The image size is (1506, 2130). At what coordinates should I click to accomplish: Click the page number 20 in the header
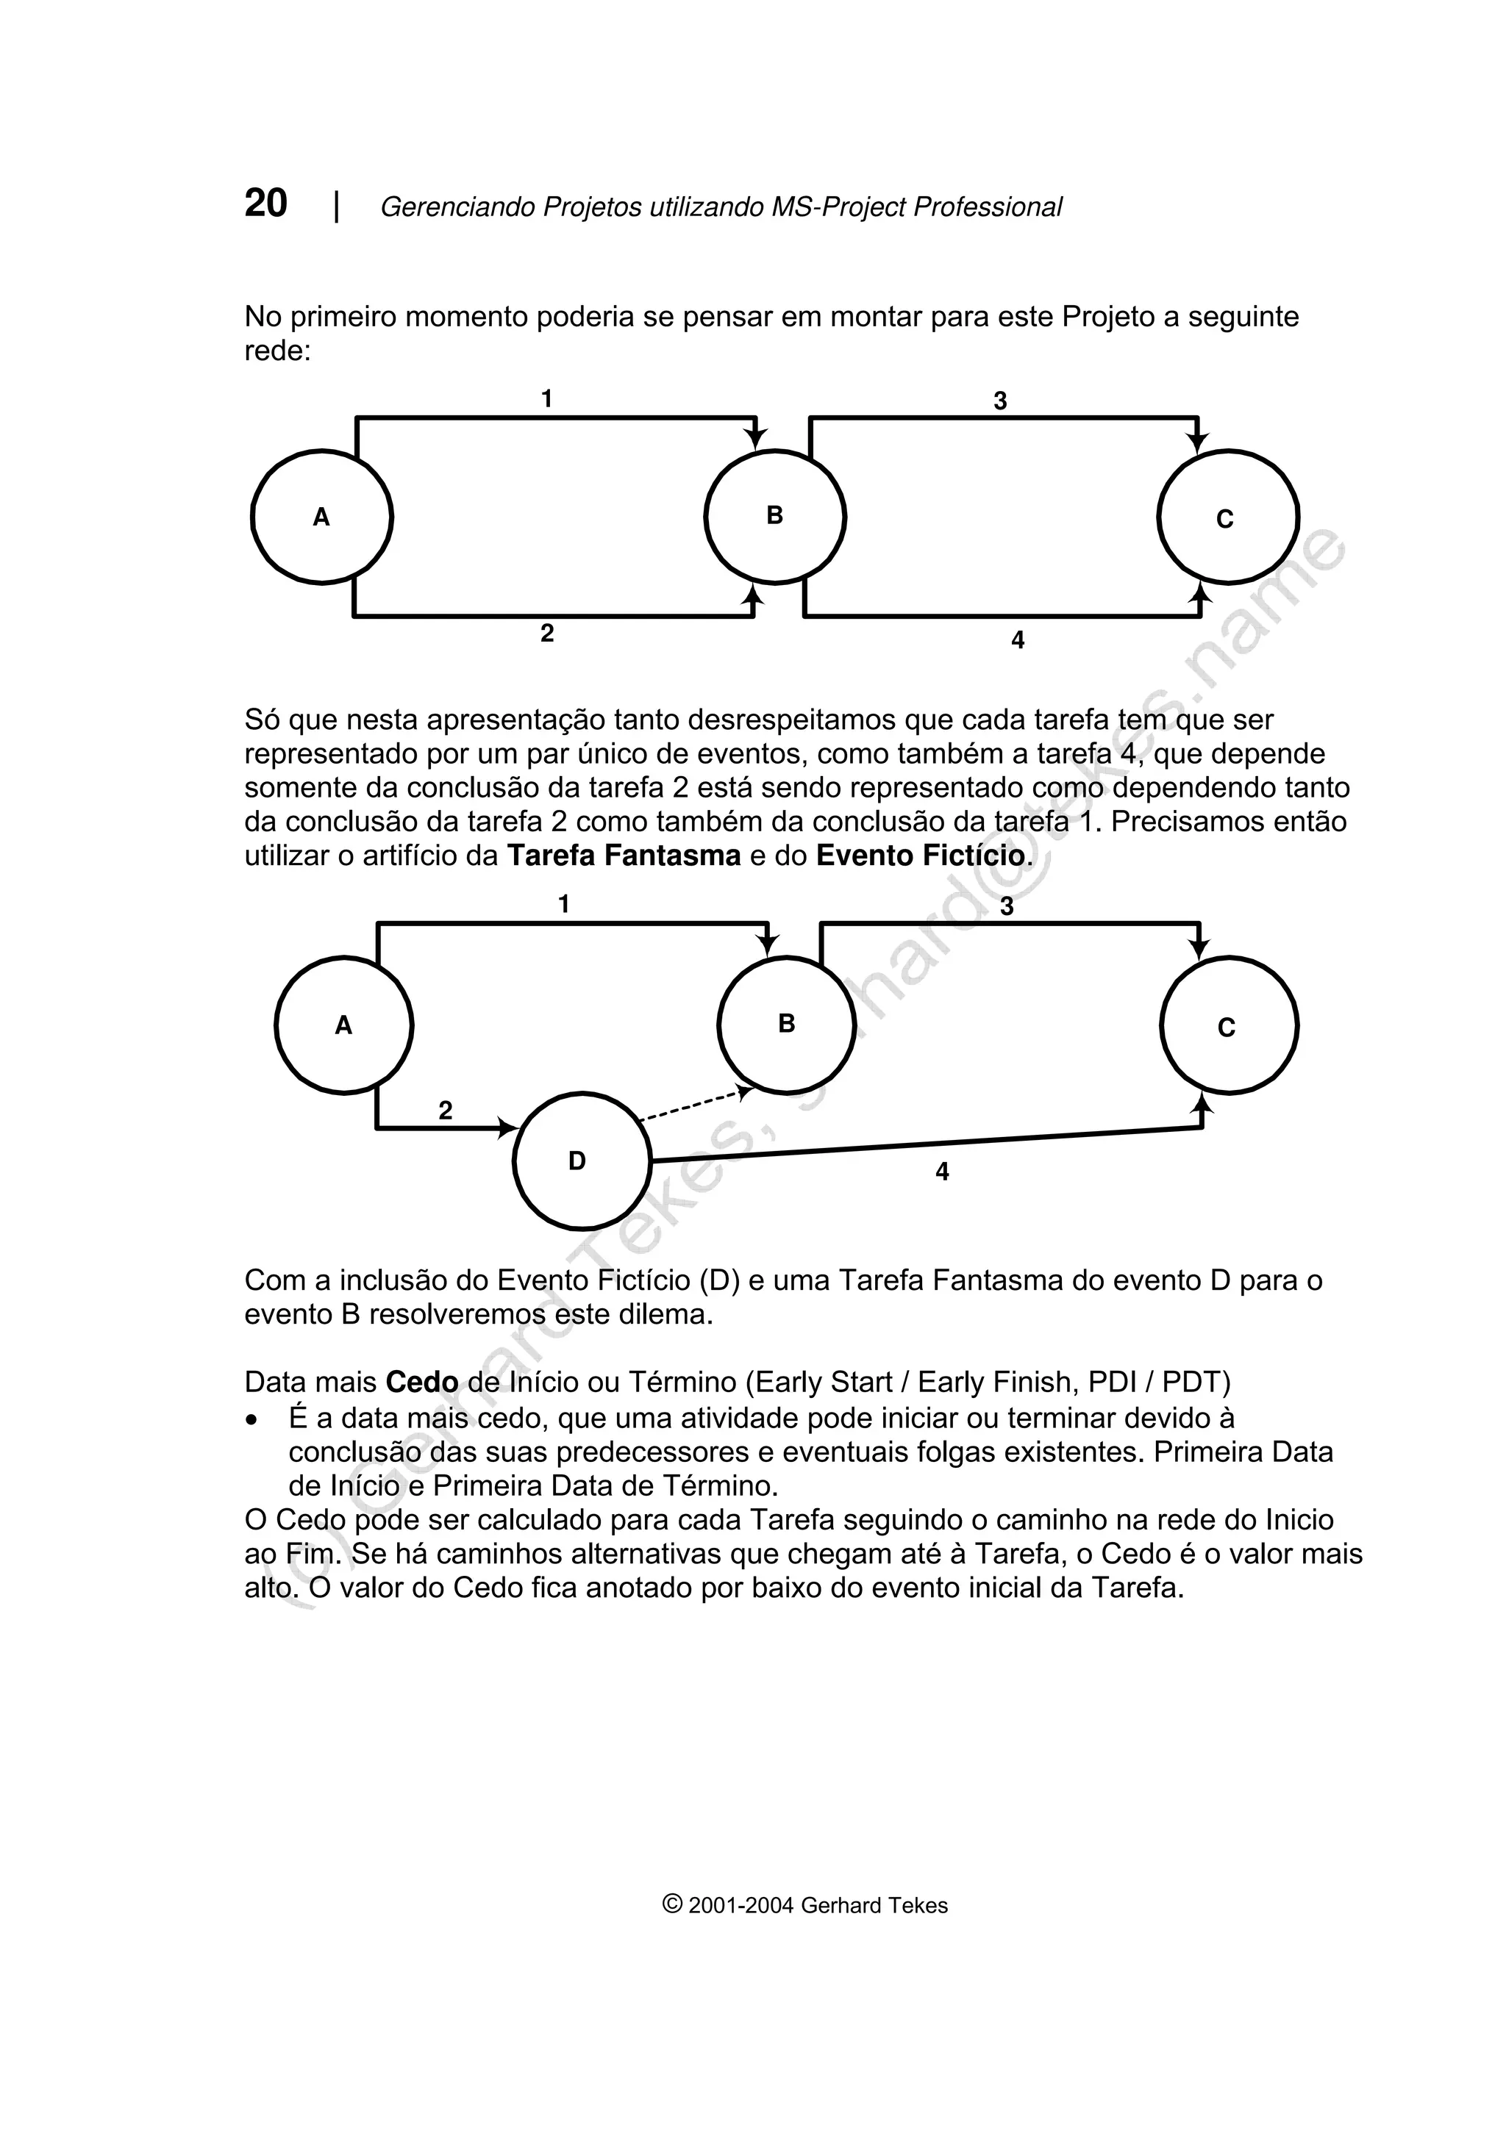pyautogui.click(x=265, y=203)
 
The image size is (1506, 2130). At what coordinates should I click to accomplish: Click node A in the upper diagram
pyautogui.click(x=322, y=517)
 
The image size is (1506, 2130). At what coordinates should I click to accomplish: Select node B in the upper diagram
pyautogui.click(x=775, y=517)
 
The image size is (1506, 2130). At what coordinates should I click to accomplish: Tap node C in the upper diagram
pyautogui.click(x=1227, y=517)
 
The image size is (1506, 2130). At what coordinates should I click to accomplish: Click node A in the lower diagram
pyautogui.click(x=344, y=1025)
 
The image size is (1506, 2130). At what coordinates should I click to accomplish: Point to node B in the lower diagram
pyautogui.click(x=787, y=1024)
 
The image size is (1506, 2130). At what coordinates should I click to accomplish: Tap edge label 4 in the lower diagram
pyautogui.click(x=942, y=1172)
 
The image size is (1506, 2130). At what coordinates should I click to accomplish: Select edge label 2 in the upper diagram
pyautogui.click(x=547, y=634)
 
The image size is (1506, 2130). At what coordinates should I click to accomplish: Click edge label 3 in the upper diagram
pyautogui.click(x=1000, y=401)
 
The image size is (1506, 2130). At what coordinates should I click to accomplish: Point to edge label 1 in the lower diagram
pyautogui.click(x=563, y=903)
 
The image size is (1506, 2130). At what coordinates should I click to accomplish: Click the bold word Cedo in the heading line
pyautogui.click(x=422, y=1383)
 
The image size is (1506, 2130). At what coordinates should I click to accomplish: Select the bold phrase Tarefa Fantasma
pyautogui.click(x=624, y=856)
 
